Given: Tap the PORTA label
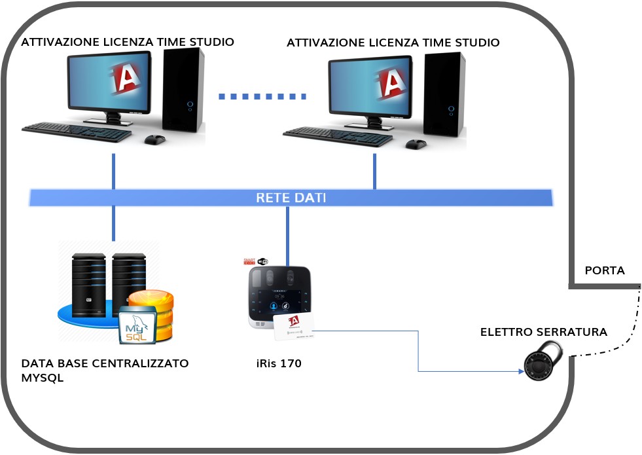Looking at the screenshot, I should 604,270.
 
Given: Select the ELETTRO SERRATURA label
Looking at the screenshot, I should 543,333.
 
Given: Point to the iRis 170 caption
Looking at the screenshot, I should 279,363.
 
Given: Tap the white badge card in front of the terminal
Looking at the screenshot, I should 292,327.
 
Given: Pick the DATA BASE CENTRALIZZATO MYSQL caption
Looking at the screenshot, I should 105,370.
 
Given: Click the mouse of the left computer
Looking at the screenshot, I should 155,139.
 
